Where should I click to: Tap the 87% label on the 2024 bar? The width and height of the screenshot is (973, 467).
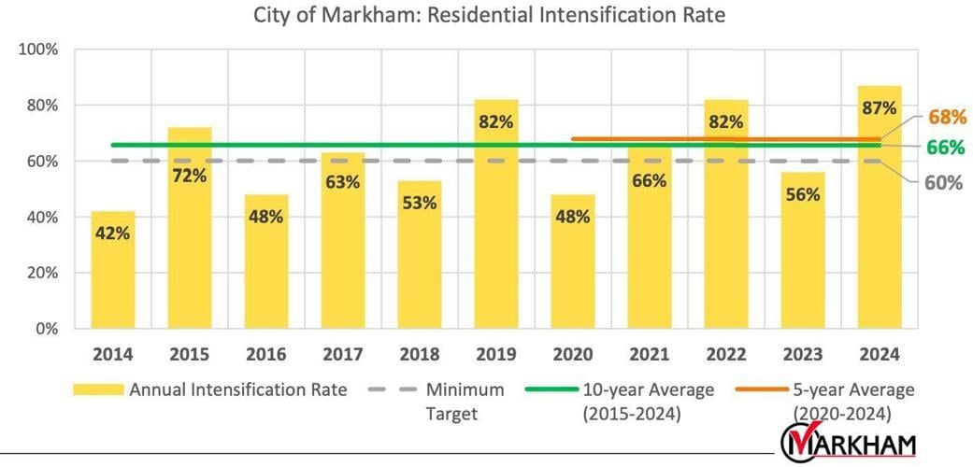click(x=880, y=107)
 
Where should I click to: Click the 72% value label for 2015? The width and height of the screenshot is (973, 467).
click(x=189, y=176)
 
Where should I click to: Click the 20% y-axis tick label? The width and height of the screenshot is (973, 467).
click(x=40, y=274)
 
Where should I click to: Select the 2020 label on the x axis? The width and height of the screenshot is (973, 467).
click(x=572, y=355)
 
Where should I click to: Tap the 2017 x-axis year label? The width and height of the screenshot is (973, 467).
click(x=342, y=355)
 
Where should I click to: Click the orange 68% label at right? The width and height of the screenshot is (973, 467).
click(x=945, y=118)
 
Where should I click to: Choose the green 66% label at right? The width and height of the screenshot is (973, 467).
click(x=945, y=148)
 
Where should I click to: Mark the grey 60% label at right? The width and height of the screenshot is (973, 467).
click(x=943, y=182)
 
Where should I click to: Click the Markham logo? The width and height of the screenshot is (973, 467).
click(x=848, y=444)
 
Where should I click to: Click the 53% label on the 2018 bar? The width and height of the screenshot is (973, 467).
click(x=419, y=203)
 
